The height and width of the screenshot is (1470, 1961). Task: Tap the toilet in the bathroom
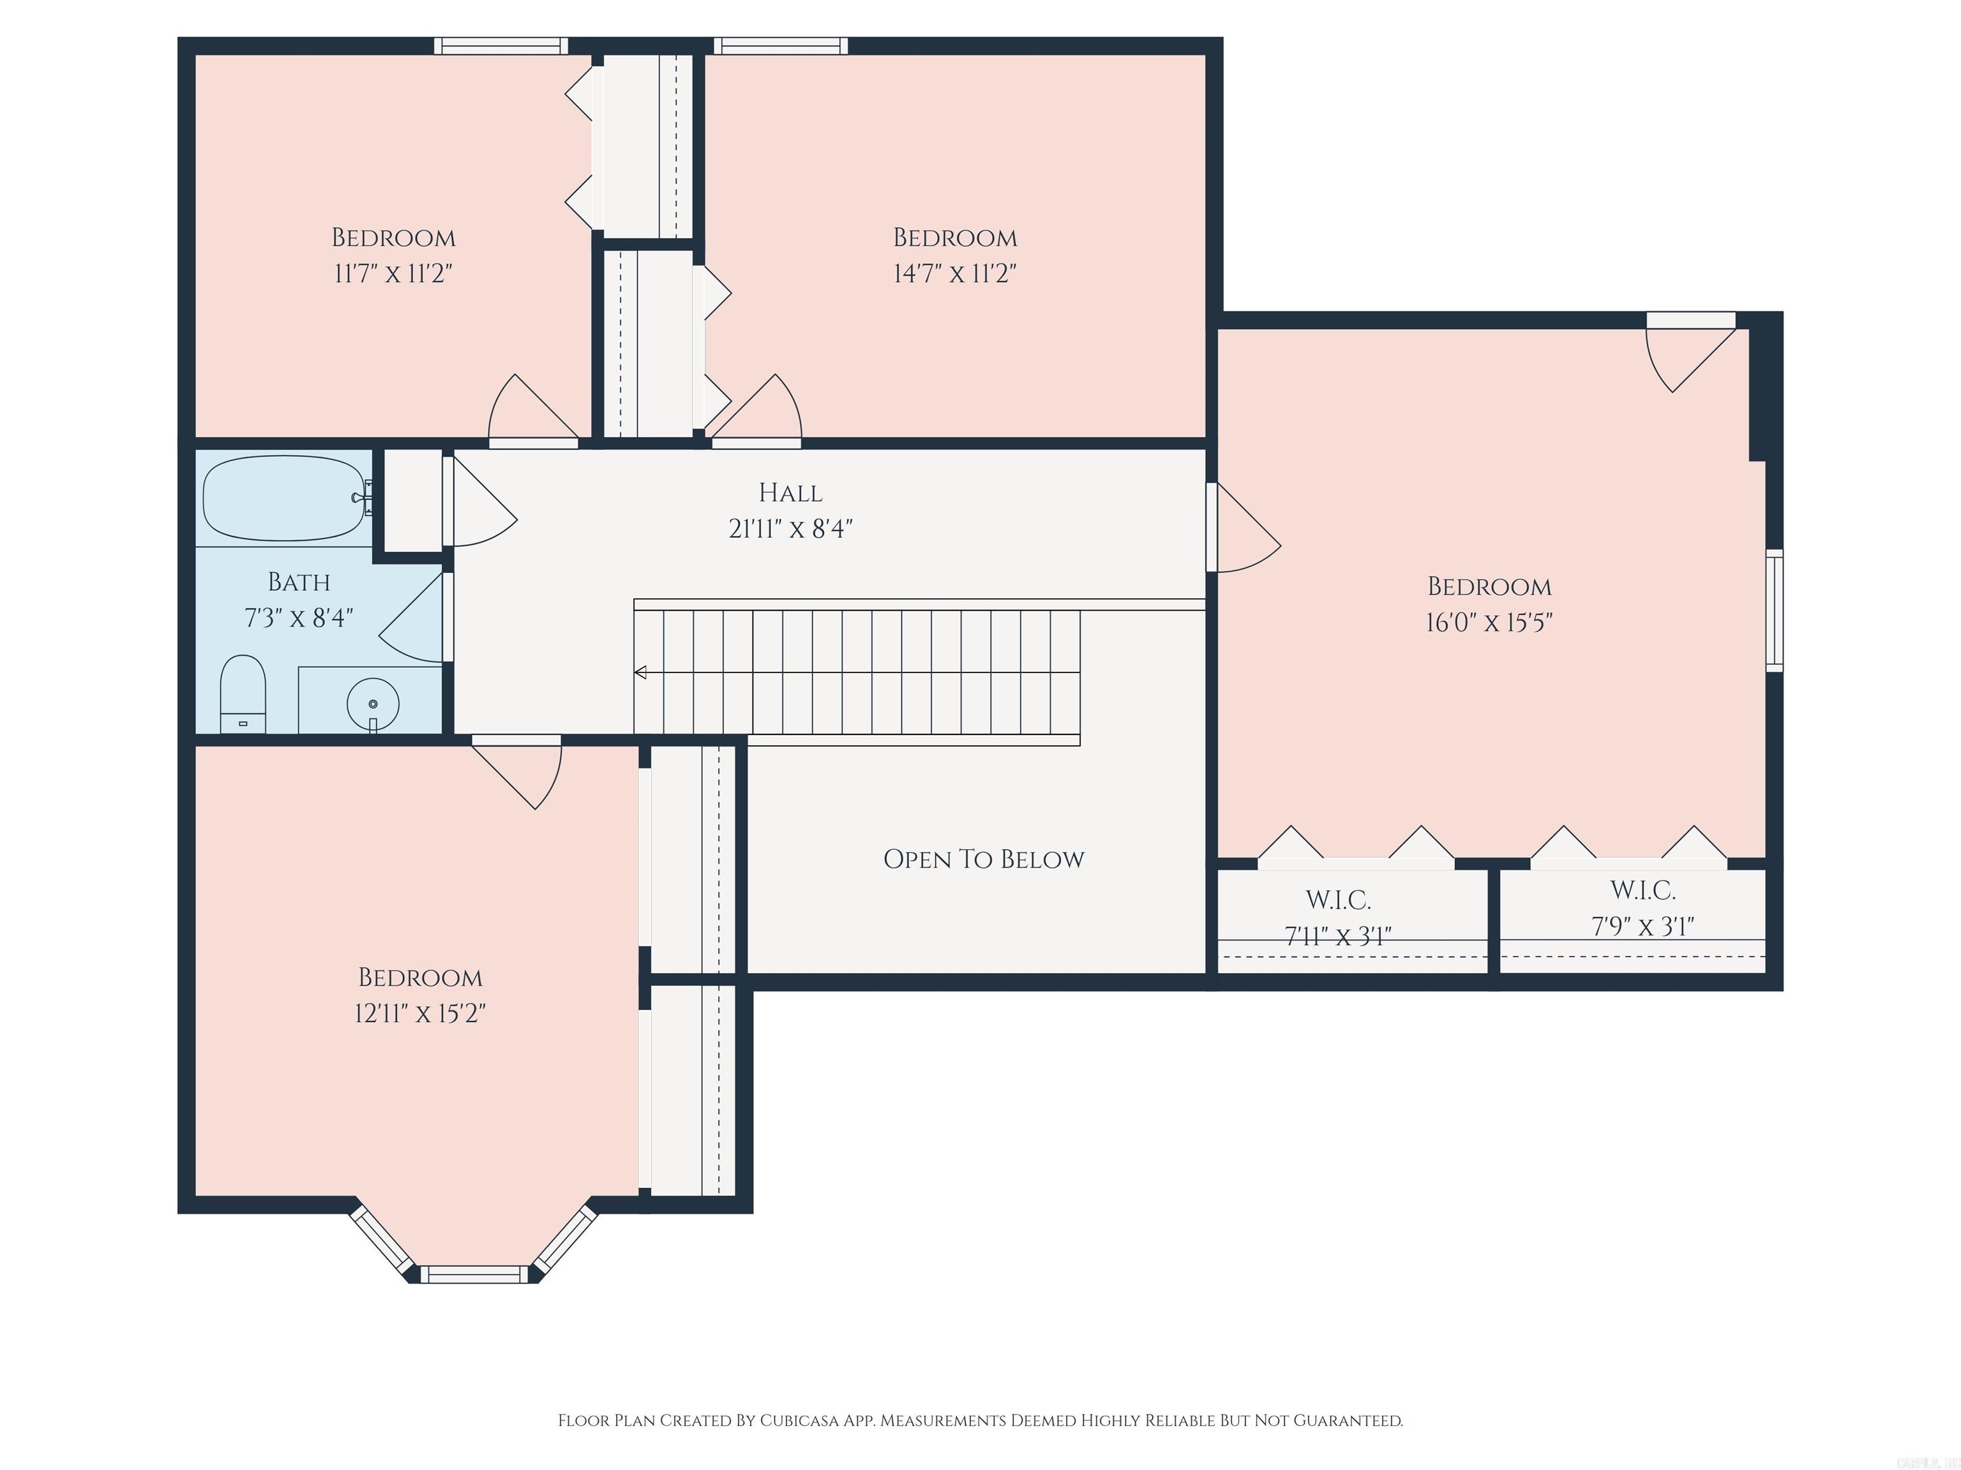point(242,692)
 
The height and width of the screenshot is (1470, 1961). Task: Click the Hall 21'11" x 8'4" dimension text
point(790,529)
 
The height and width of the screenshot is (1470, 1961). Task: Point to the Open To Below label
point(983,859)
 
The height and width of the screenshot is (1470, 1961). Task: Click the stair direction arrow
point(640,672)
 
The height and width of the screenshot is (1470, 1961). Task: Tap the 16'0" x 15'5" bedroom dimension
point(1489,623)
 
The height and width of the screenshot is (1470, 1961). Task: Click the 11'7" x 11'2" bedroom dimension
point(393,273)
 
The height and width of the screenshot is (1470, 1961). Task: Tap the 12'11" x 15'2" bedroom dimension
point(419,1013)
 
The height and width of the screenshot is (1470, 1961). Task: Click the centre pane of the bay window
point(474,1274)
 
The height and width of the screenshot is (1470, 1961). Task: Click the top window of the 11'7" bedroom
point(501,46)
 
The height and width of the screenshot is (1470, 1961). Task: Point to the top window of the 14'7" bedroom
point(780,46)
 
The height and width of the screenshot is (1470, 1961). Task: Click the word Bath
point(299,582)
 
